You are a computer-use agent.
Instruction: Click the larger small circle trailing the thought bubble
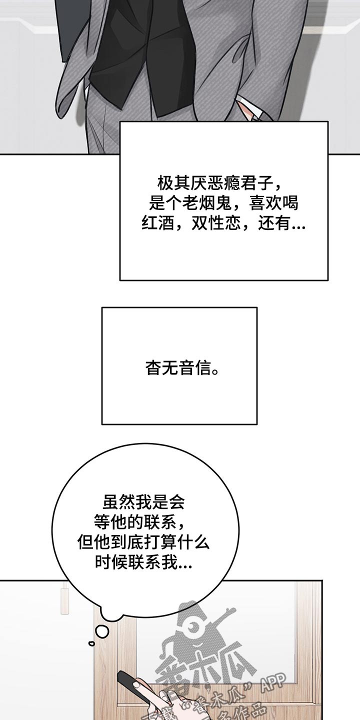[x=102, y=631]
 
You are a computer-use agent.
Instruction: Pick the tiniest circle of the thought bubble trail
[x=91, y=643]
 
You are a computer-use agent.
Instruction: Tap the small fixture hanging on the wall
[x=64, y=600]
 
